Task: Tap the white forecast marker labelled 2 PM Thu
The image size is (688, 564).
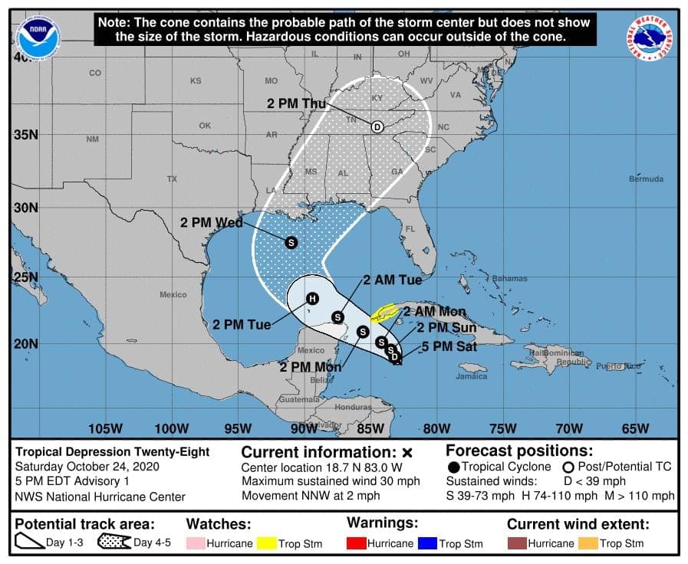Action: tap(377, 127)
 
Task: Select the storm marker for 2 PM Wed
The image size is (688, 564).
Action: tap(291, 242)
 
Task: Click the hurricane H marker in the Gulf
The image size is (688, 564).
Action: tap(312, 299)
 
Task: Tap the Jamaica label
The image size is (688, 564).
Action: tap(471, 376)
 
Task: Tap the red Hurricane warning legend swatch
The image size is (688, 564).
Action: tap(357, 543)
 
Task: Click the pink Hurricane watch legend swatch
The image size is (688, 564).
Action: tap(196, 543)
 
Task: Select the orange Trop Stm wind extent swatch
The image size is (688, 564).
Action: tap(587, 543)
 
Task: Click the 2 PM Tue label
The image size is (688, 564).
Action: tap(242, 324)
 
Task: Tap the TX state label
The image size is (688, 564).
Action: tap(172, 179)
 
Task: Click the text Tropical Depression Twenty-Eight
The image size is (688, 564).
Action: tap(113, 452)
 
